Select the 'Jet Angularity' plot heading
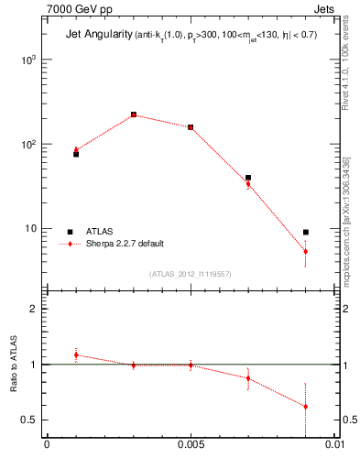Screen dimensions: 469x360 [96, 36]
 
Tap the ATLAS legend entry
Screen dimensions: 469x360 [102, 232]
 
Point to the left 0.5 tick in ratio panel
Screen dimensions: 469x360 [33, 420]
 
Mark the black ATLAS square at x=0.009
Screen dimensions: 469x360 [306, 233]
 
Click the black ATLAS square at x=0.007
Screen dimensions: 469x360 [248, 178]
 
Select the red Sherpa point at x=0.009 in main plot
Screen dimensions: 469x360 [306, 251]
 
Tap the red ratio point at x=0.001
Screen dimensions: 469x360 [76, 354]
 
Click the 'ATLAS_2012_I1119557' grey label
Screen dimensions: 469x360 [191, 274]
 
